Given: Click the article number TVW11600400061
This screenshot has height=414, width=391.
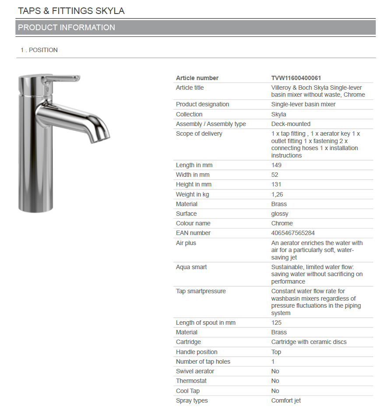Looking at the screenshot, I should pyautogui.click(x=296, y=78).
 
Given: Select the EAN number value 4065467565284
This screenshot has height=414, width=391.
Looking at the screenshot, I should pyautogui.click(x=293, y=233).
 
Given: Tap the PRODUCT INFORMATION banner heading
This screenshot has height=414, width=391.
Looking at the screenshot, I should pyautogui.click(x=67, y=28).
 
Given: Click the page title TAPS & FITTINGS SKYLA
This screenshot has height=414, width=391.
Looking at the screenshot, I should pyautogui.click(x=71, y=11).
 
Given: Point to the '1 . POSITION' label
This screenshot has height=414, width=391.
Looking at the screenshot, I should pyautogui.click(x=39, y=50).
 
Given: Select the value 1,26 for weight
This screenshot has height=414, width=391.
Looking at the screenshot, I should pyautogui.click(x=277, y=194).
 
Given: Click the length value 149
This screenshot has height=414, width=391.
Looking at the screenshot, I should pyautogui.click(x=276, y=165).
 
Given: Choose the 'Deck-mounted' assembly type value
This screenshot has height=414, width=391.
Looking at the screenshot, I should pyautogui.click(x=291, y=124).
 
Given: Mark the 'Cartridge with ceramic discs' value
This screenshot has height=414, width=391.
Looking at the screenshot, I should pyautogui.click(x=309, y=342).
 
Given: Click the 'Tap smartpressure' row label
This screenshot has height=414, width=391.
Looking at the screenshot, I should pyautogui.click(x=201, y=291).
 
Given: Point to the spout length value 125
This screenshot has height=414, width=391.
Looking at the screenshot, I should pyautogui.click(x=276, y=323).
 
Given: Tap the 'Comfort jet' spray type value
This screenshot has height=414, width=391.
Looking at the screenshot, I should pyautogui.click(x=286, y=400).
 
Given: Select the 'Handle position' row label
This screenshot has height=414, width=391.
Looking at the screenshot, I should pyautogui.click(x=197, y=352).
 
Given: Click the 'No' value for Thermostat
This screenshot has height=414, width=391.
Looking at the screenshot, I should pyautogui.click(x=275, y=381).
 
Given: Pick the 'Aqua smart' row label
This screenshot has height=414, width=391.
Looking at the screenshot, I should pyautogui.click(x=191, y=267).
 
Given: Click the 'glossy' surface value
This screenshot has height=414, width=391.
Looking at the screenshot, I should pyautogui.click(x=280, y=214).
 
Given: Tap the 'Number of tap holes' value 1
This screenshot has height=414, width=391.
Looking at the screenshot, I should pyautogui.click(x=273, y=361).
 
